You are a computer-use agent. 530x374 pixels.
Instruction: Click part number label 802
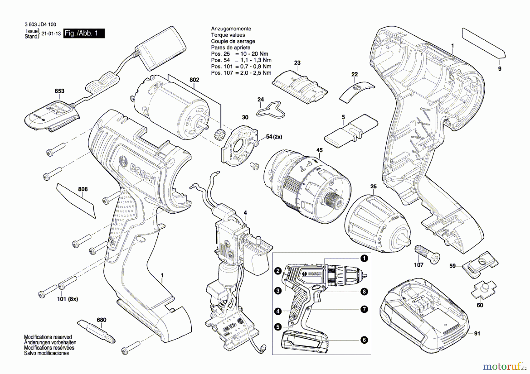click(194, 80)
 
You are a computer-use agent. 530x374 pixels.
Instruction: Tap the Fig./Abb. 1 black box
click(84, 33)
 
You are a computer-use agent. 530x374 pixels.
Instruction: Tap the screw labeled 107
click(427, 254)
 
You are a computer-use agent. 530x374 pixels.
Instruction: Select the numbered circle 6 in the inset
click(364, 340)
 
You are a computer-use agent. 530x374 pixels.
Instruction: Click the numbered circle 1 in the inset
click(364, 258)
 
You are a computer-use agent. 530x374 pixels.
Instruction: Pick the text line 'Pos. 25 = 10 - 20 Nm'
click(239, 54)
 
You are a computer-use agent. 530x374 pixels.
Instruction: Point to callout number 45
click(319, 150)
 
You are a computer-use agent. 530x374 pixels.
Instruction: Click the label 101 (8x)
click(67, 299)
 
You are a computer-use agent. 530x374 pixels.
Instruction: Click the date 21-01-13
click(51, 34)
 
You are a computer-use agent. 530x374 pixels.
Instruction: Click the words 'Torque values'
click(228, 35)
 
